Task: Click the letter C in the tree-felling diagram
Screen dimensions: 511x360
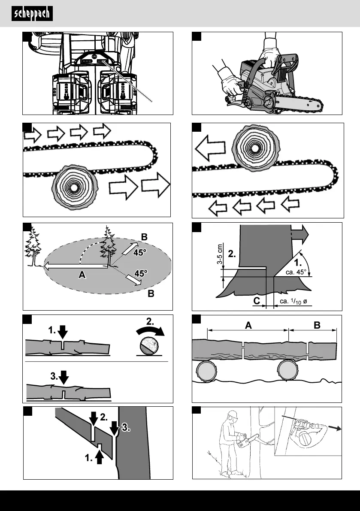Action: coord(256,302)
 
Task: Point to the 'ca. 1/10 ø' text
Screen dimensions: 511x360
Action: coord(293,302)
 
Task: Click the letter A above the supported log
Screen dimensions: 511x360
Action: coord(248,325)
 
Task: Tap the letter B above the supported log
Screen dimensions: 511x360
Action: coord(317,325)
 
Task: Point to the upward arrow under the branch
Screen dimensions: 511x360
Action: coord(99,456)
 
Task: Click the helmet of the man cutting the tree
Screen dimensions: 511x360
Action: coord(233,415)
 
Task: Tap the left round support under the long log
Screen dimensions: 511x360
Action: coord(208,370)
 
